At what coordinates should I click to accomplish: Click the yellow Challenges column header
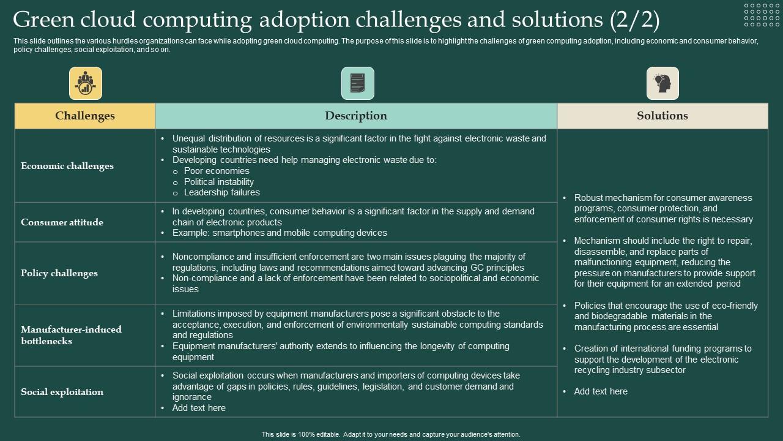tap(85, 116)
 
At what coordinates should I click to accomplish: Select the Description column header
tap(356, 116)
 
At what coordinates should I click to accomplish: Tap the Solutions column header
tap(662, 116)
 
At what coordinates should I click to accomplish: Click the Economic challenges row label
tap(67, 166)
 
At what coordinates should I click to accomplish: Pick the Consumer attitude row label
tap(62, 222)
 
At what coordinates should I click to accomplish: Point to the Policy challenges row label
tap(59, 273)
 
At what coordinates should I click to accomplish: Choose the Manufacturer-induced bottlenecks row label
tap(71, 335)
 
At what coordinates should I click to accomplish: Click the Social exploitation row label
tap(62, 392)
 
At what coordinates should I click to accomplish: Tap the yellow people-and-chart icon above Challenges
tap(86, 83)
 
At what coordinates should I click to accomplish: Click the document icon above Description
tap(357, 83)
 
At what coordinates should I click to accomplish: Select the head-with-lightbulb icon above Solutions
tap(662, 83)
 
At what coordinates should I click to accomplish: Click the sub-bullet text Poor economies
tap(217, 171)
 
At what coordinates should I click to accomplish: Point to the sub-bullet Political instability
tap(219, 182)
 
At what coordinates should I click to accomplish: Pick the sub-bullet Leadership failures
tap(222, 192)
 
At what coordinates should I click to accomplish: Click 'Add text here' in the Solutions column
tap(601, 391)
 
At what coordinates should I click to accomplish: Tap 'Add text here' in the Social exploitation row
tap(199, 408)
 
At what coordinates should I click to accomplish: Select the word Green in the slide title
tap(40, 20)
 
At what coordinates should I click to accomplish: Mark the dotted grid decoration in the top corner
tap(762, 15)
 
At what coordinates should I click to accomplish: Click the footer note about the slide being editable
tap(391, 434)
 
